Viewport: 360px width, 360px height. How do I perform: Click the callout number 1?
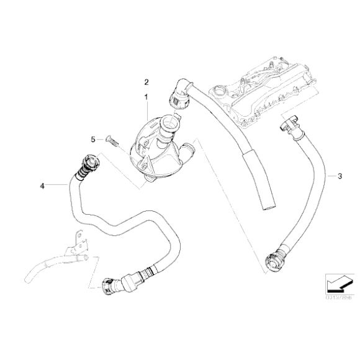146,97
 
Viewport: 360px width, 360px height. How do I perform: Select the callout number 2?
146,82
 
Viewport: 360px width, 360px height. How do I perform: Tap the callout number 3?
340,177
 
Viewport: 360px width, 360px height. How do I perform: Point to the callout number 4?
42,185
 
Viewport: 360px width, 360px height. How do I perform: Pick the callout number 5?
92,140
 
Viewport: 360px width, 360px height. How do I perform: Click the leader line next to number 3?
328,177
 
